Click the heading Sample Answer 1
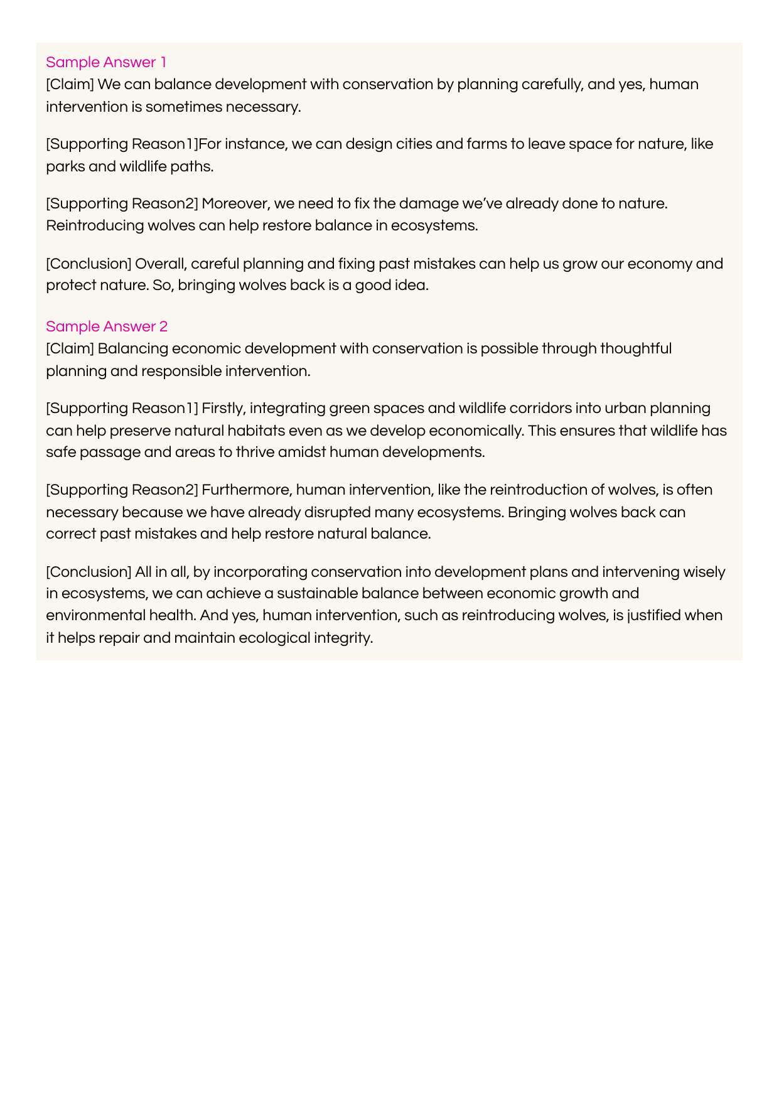[x=106, y=62]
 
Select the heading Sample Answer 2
[x=107, y=326]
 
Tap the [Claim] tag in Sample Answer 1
[x=70, y=84]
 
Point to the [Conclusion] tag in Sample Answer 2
[x=89, y=572]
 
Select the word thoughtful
[x=635, y=348]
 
